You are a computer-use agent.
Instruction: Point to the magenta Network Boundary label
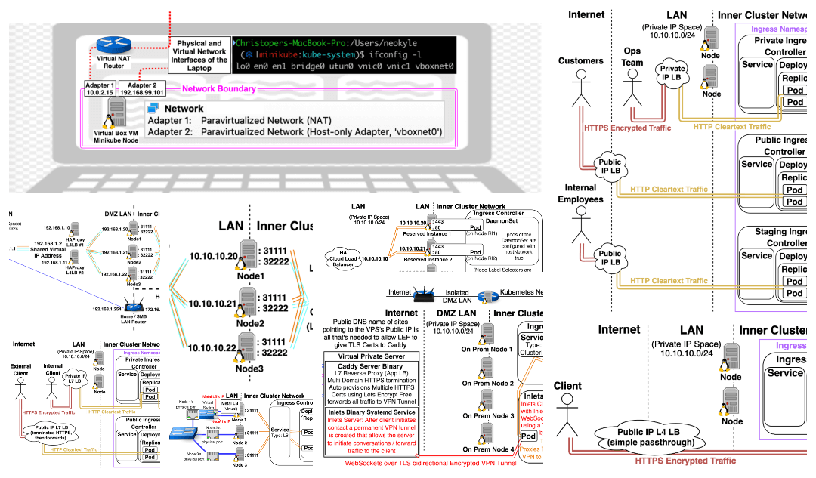click(x=200, y=89)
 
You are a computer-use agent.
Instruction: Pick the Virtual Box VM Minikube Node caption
click(x=118, y=136)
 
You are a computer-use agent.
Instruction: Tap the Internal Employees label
click(x=581, y=193)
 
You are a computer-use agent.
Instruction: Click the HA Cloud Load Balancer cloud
click(x=344, y=258)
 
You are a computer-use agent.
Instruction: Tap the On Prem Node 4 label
click(x=487, y=450)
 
